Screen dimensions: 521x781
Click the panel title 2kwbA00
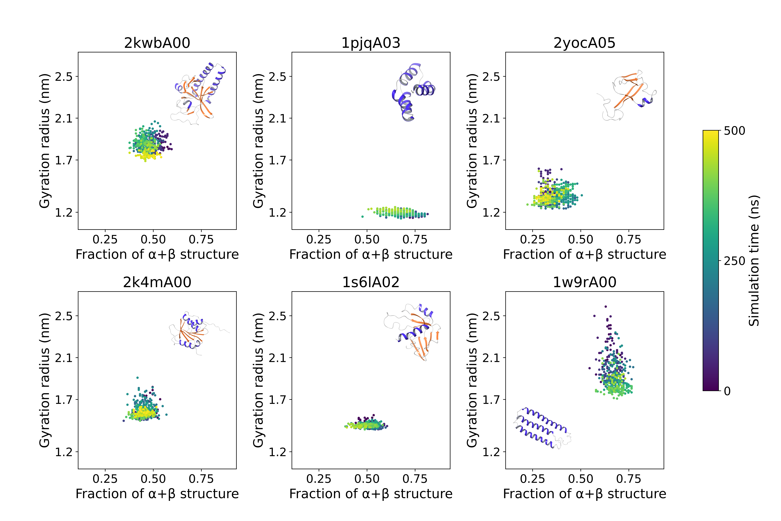tap(157, 43)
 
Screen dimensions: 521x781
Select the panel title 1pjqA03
tap(371, 43)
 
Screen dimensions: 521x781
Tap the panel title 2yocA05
tap(584, 43)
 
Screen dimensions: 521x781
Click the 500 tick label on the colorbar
tap(734, 131)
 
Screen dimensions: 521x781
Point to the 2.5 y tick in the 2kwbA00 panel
tap(64, 77)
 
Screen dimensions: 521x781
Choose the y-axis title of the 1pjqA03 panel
tap(258, 141)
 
